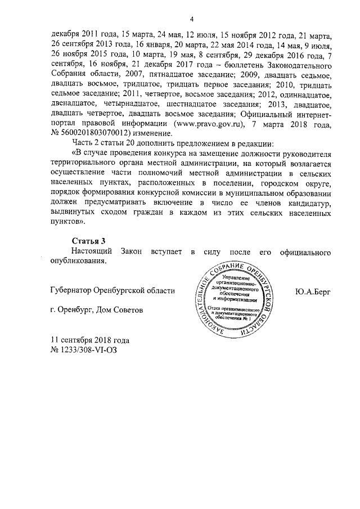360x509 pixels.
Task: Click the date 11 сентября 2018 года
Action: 90,340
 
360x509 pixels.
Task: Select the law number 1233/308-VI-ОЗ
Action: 89,349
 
